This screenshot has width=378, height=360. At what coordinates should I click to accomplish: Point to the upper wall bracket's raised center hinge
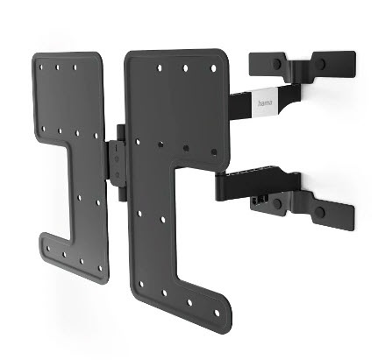[298, 64]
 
